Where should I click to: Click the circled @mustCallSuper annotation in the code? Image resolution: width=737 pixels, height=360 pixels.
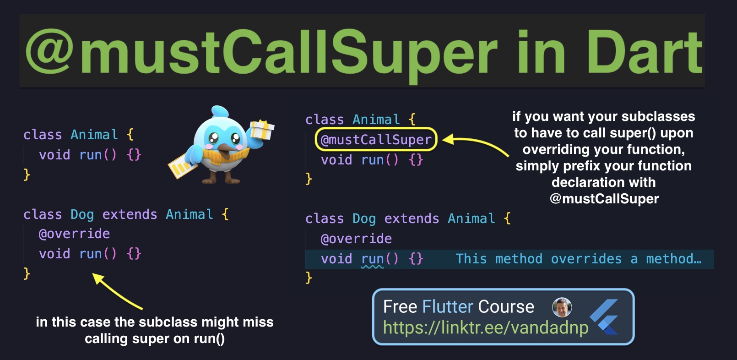(x=376, y=140)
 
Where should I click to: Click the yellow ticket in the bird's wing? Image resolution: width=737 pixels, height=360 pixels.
(x=183, y=167)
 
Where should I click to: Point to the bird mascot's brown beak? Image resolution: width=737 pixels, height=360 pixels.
(x=225, y=151)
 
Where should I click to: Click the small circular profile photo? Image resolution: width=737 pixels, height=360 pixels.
(x=562, y=307)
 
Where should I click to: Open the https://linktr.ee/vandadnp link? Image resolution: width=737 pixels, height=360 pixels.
(x=486, y=327)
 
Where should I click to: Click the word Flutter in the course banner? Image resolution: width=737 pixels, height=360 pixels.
(x=448, y=307)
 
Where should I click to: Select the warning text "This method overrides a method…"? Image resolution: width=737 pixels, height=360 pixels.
(x=579, y=259)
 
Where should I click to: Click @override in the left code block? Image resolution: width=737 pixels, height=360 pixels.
(x=74, y=234)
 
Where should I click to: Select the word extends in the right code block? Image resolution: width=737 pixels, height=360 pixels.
(x=412, y=218)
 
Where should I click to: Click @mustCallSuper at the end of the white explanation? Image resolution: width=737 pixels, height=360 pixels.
(x=604, y=199)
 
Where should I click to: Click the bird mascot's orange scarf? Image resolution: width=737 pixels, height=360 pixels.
(x=221, y=157)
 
